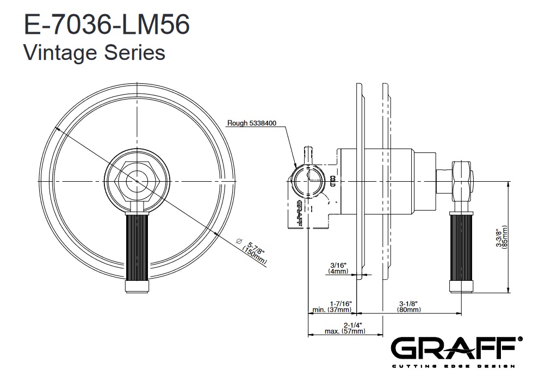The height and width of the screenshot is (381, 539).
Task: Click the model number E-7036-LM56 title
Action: pos(107,24)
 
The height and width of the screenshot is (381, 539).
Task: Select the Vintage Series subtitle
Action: pos(94,53)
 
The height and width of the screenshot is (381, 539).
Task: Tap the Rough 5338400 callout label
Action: pos(252,123)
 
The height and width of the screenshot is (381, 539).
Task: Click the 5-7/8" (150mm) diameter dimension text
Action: pos(255,253)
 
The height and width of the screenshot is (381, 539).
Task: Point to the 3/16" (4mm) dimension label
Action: pos(338,268)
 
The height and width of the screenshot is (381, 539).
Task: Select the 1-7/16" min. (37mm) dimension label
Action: pos(332,307)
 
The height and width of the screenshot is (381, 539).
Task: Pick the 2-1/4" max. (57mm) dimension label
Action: pos(345,328)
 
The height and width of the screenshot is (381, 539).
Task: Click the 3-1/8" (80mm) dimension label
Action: pos(408,307)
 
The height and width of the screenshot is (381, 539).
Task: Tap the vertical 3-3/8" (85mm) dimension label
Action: pos(501,237)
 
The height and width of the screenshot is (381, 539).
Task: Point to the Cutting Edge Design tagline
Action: pos(454,366)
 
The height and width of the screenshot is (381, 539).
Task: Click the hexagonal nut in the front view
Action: pos(137,181)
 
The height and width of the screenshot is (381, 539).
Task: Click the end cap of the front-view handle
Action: pos(137,287)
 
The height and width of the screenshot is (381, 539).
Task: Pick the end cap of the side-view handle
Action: pos(461,287)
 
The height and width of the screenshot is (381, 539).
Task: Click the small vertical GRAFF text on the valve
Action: pos(299,213)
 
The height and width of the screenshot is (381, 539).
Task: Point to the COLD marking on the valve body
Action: pos(332,181)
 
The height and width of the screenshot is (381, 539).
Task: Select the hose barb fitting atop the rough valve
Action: pos(308,155)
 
